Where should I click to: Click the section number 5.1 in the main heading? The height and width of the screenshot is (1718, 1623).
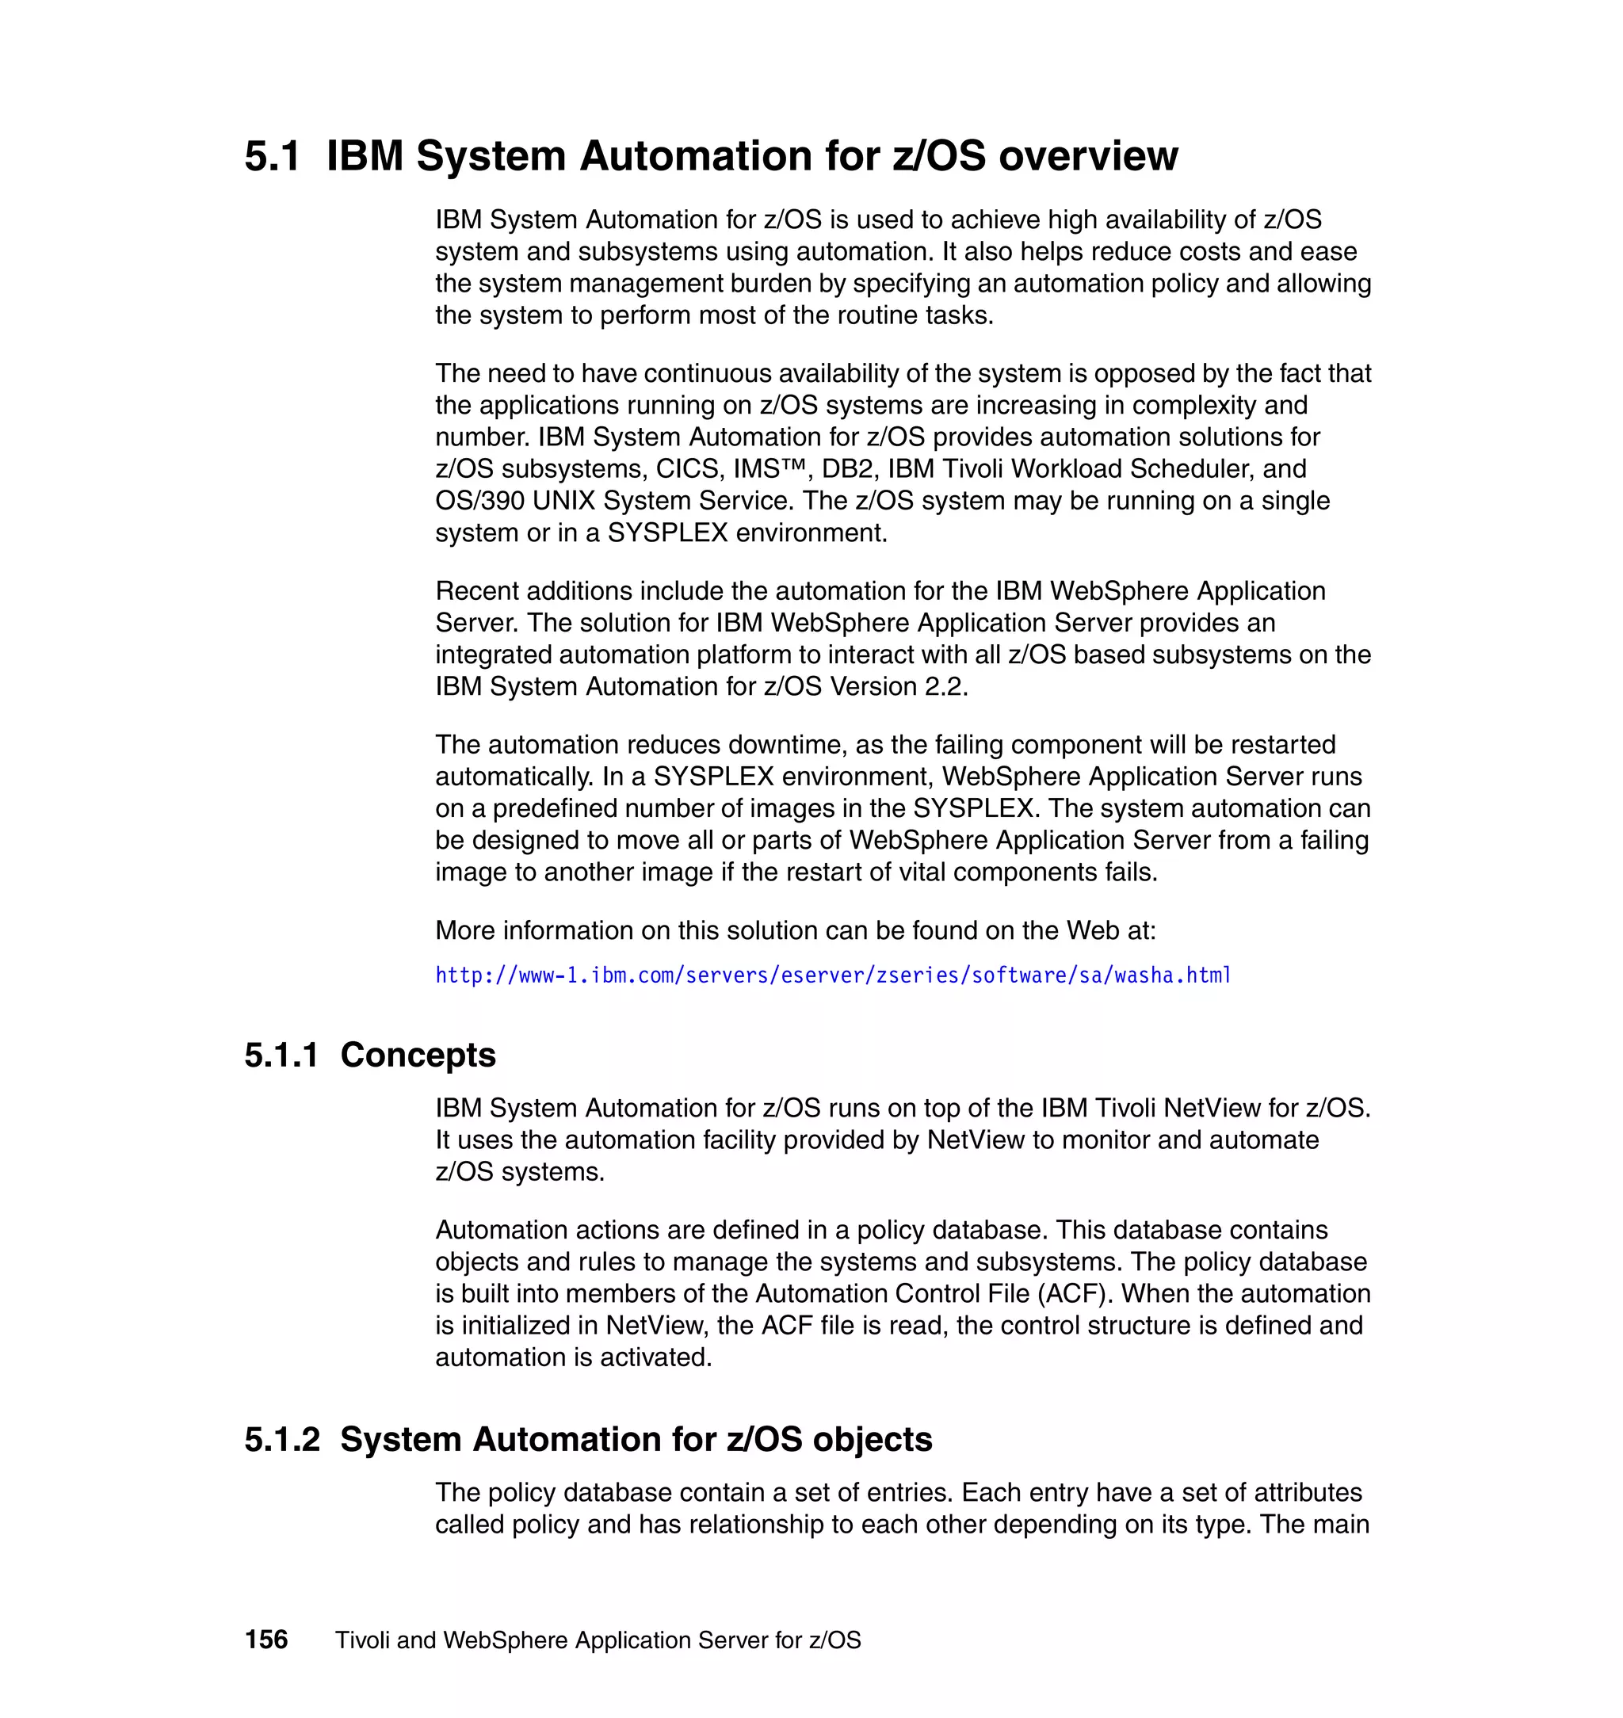pos(272,157)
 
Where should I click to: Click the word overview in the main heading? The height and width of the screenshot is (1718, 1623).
pos(1087,157)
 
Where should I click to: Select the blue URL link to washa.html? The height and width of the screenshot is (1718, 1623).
pos(832,975)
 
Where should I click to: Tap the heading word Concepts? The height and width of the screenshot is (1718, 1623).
pos(418,1055)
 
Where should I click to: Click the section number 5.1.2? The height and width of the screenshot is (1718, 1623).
pos(282,1439)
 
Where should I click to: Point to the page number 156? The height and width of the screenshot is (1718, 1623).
pos(266,1640)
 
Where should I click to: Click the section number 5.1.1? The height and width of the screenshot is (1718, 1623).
pos(281,1055)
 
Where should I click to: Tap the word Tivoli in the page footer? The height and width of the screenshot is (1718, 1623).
pos(361,1640)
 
